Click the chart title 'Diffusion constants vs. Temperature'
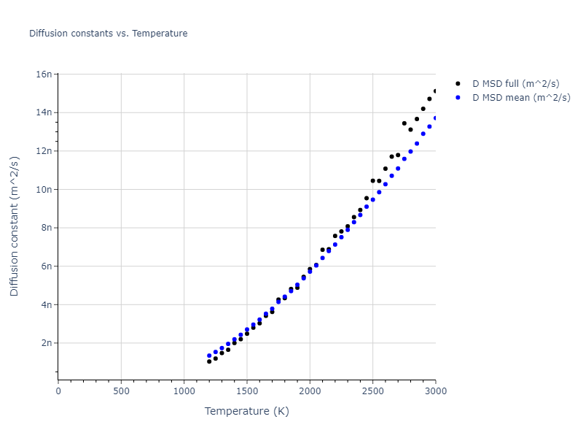108,34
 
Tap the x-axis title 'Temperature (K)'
246,411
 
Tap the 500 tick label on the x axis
121,391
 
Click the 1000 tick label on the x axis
184,391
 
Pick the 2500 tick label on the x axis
372,391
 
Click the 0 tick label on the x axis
58,391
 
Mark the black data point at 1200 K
209,361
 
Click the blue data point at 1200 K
209,356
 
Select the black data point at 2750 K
404,123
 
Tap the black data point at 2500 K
372,180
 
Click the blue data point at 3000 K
435,118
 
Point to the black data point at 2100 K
322,250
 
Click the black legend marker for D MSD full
458,84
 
